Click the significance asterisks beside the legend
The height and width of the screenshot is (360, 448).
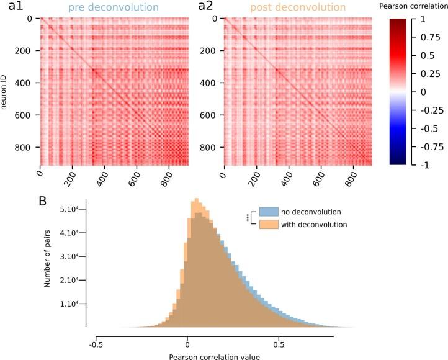[x=248, y=218]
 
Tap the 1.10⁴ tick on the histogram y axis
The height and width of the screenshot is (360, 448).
[x=69, y=304]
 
